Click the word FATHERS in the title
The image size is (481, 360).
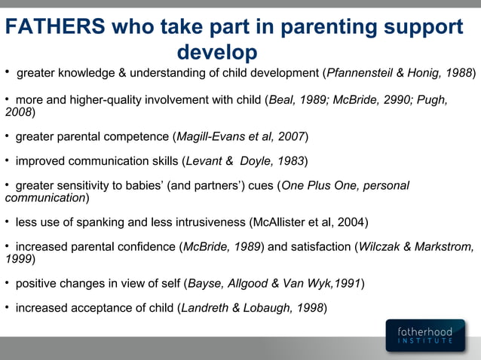point(55,26)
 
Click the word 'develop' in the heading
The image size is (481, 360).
point(217,53)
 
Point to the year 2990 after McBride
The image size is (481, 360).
point(401,99)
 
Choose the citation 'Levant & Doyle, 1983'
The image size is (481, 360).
point(244,161)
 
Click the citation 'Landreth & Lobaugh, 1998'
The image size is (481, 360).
point(253,308)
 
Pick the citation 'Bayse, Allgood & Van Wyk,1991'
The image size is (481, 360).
point(274,283)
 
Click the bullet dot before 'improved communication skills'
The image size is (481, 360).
point(7,160)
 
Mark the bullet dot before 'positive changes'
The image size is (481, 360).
point(7,282)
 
